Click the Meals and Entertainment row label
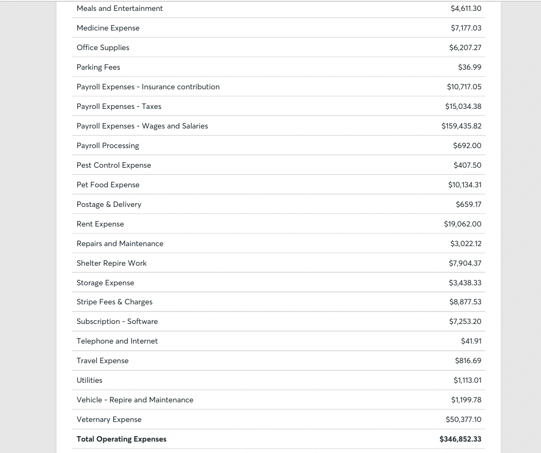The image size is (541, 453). click(x=120, y=8)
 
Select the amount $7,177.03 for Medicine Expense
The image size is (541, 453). click(x=466, y=28)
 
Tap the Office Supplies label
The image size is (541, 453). click(x=103, y=47)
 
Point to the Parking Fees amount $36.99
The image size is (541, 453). click(x=470, y=67)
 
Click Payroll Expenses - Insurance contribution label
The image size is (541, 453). click(x=148, y=87)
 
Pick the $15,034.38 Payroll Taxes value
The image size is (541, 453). click(x=463, y=106)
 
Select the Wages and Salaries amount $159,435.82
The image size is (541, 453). click(x=462, y=126)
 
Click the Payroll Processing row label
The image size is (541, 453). click(x=108, y=145)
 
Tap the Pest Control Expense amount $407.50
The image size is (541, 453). click(x=468, y=165)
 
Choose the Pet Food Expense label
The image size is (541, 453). click(x=108, y=185)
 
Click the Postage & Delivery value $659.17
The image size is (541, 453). click(x=469, y=204)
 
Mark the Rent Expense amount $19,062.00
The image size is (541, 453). click(x=463, y=224)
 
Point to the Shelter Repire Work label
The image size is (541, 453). click(x=112, y=263)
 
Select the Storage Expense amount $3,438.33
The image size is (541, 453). click(x=465, y=283)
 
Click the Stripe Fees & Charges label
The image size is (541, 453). click(x=114, y=302)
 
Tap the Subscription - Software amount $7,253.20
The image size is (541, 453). click(x=465, y=321)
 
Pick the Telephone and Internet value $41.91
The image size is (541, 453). click(x=471, y=341)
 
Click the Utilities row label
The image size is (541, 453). click(x=89, y=380)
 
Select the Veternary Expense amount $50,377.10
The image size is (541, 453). click(x=464, y=419)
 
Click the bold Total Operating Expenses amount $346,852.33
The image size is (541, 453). click(x=460, y=439)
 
